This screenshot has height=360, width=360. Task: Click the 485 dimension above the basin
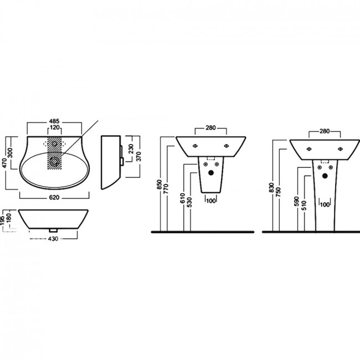(54, 121)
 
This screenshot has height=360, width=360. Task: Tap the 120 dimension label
(55, 127)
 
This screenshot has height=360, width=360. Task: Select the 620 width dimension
(54, 198)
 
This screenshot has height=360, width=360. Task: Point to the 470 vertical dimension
(5, 163)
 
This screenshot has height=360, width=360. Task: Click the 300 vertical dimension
(11, 153)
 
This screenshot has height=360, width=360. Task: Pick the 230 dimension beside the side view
(131, 149)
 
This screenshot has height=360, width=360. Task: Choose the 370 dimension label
(139, 156)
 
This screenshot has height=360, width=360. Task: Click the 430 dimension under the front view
(53, 239)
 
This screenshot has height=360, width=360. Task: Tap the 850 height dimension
(160, 184)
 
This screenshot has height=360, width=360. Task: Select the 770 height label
(166, 188)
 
